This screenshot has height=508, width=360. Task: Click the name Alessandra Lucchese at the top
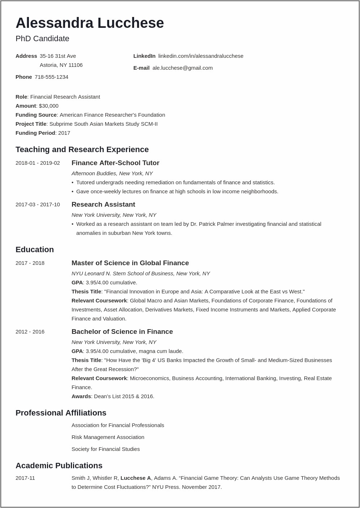(90, 23)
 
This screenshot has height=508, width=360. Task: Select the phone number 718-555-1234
(51, 77)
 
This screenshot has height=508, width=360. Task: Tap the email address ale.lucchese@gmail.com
(182, 68)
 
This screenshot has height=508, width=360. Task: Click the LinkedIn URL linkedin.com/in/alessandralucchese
(201, 56)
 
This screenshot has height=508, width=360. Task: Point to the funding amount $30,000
(48, 106)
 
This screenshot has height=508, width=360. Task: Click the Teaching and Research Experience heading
(82, 150)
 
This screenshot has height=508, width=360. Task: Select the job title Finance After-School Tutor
(115, 163)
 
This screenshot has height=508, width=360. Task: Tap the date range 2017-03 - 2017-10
(38, 205)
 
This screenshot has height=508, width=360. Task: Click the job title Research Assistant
(103, 205)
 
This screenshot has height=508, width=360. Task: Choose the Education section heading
(35, 250)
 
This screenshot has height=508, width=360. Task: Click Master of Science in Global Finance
(130, 263)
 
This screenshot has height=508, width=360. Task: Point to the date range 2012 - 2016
(30, 332)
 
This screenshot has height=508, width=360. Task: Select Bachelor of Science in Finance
(122, 332)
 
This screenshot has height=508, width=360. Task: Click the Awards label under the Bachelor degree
(81, 396)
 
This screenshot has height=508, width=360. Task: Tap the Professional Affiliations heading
(61, 413)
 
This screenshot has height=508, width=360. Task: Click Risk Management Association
(108, 437)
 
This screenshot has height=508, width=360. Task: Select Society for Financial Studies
(106, 449)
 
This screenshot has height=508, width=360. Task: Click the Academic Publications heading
(59, 466)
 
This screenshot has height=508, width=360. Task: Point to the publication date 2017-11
(25, 478)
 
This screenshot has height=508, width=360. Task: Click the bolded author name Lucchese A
(136, 478)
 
